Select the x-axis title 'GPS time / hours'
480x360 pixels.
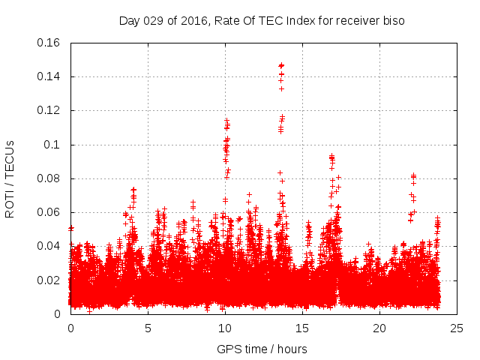click(x=262, y=349)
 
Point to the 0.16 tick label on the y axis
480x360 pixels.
click(x=51, y=43)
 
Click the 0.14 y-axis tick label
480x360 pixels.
click(x=51, y=76)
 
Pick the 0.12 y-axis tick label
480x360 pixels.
click(x=51, y=110)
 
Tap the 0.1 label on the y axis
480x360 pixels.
click(x=54, y=145)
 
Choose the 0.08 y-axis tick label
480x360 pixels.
click(x=51, y=178)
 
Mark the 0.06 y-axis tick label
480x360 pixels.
click(x=51, y=212)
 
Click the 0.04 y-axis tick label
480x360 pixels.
click(x=51, y=246)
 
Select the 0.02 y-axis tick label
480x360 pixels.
click(x=51, y=280)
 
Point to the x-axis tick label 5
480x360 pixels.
click(x=148, y=328)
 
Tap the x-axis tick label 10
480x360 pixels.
click(x=225, y=328)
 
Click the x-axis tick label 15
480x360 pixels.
click(x=302, y=328)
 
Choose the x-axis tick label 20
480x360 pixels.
click(x=379, y=328)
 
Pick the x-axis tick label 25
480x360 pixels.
click(x=457, y=328)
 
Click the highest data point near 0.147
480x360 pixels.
click(x=281, y=65)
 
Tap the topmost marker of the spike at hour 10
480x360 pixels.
click(x=226, y=119)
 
